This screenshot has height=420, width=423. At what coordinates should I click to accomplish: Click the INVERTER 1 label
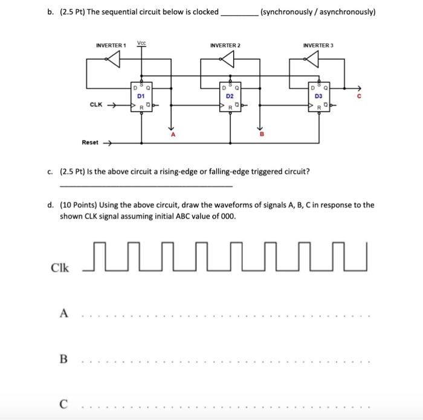111,45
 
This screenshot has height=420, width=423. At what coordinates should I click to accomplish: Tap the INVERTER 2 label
225,45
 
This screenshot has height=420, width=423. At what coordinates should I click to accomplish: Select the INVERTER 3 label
318,45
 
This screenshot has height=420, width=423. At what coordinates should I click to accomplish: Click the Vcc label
141,43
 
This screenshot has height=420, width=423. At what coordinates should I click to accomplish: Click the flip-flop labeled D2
230,97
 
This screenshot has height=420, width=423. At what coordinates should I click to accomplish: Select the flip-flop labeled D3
318,97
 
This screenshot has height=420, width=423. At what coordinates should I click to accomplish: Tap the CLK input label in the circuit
95,105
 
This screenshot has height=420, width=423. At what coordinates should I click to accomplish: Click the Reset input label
90,143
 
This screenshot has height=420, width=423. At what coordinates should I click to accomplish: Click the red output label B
261,136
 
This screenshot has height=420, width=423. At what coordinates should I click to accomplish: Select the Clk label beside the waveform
60,267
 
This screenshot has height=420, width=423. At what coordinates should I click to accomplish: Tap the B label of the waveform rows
63,359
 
